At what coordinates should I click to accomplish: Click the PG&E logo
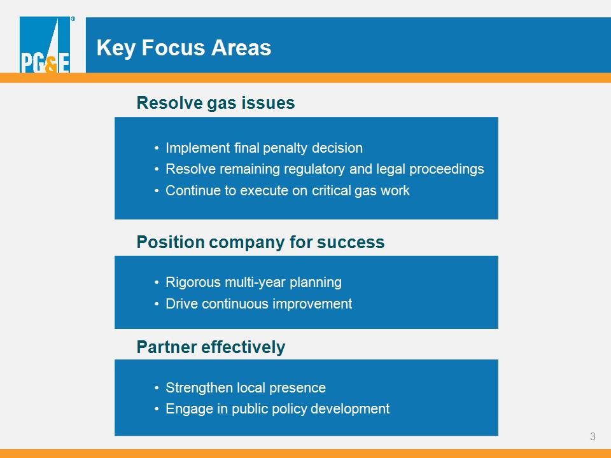45,45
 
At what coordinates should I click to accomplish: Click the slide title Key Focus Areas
183,48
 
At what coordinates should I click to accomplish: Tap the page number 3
593,436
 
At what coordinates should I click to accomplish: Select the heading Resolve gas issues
216,103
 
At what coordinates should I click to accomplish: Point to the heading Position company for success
260,242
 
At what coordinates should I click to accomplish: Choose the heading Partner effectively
211,347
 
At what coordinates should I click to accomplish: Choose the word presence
297,388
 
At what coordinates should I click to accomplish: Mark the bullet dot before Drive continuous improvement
157,304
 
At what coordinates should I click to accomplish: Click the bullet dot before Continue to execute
157,191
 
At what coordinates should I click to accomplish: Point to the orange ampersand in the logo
51,66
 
